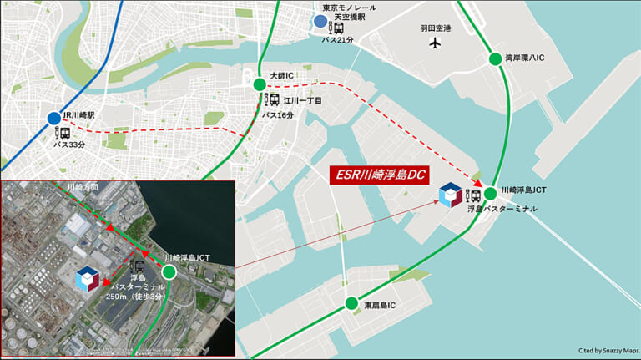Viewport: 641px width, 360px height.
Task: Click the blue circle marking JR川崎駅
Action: tap(54, 119)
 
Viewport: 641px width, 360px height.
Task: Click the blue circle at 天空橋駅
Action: tap(320, 23)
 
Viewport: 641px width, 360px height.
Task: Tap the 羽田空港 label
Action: tap(435, 28)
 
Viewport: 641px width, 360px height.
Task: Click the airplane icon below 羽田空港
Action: tap(434, 43)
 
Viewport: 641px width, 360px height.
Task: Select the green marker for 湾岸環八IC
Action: tap(494, 59)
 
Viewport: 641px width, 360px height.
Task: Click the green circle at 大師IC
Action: tap(260, 84)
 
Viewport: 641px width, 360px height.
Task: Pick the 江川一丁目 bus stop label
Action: tap(302, 100)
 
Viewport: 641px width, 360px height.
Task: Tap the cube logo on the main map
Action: tap(450, 195)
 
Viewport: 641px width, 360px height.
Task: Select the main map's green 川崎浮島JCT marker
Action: tap(491, 193)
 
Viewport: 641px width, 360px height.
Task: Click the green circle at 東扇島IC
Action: tap(352, 304)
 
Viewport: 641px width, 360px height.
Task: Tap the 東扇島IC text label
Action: tap(380, 305)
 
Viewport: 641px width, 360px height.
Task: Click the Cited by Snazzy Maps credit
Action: tap(607, 351)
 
